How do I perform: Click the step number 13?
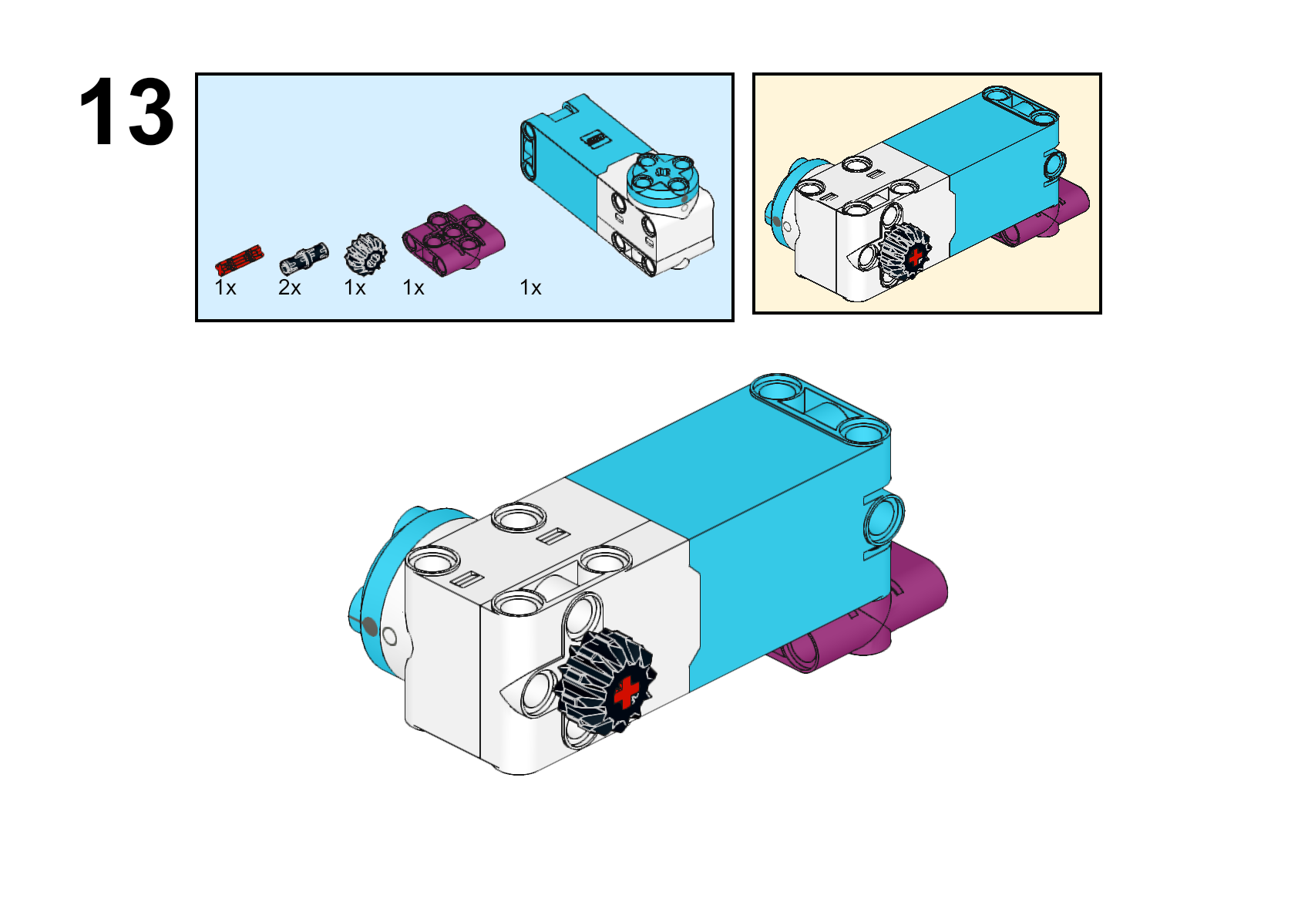pyautogui.click(x=126, y=111)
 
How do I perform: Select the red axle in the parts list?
pyautogui.click(x=239, y=260)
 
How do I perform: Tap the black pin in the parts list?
pyautogui.click(x=304, y=258)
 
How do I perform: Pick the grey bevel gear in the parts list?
pyautogui.click(x=365, y=255)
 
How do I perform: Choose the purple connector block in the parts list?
pyautogui.click(x=454, y=240)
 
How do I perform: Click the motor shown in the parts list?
pyautogui.click(x=617, y=186)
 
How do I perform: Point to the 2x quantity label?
pyautogui.click(x=290, y=288)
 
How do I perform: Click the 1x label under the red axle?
pyautogui.click(x=225, y=288)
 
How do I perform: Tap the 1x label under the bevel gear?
pyautogui.click(x=355, y=288)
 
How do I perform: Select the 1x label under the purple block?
pyautogui.click(x=414, y=288)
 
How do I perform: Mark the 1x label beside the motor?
pyautogui.click(x=531, y=288)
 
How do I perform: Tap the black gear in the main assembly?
pyautogui.click(x=606, y=681)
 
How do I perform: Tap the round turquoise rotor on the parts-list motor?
pyautogui.click(x=664, y=177)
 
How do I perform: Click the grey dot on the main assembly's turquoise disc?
pyautogui.click(x=369, y=627)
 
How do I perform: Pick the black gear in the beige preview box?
pyautogui.click(x=905, y=251)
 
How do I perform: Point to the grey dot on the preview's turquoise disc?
pyautogui.click(x=777, y=220)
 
